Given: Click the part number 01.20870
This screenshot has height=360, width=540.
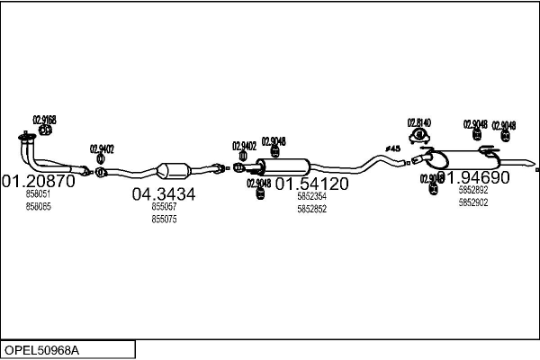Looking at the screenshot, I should pyautogui.click(x=37, y=180).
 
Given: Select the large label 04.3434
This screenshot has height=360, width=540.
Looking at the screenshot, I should pyautogui.click(x=164, y=193).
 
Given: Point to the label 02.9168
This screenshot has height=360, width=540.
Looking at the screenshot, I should pyautogui.click(x=44, y=120).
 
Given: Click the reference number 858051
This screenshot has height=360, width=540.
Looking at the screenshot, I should pyautogui.click(x=38, y=193).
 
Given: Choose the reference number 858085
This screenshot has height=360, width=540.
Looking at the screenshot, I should pyautogui.click(x=38, y=206).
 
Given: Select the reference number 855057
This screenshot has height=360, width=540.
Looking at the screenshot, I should pyautogui.click(x=164, y=206).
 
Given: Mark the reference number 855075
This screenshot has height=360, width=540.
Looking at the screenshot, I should pyautogui.click(x=164, y=219).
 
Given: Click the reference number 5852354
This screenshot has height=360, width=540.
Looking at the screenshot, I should pyautogui.click(x=311, y=196).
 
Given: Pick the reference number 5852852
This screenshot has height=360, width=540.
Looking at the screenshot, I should pyautogui.click(x=311, y=209).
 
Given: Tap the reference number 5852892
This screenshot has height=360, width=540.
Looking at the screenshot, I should pyautogui.click(x=472, y=190).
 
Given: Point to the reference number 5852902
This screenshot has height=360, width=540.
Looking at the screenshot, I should pyautogui.click(x=472, y=202).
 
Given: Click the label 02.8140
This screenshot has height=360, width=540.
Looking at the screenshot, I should pyautogui.click(x=418, y=122).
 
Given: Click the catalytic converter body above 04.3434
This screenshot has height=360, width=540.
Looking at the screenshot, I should pyautogui.click(x=173, y=170).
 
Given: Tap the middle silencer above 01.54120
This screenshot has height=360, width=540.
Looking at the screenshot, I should pyautogui.click(x=283, y=167).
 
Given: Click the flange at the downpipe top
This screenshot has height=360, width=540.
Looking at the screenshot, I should pyautogui.click(x=27, y=138).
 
